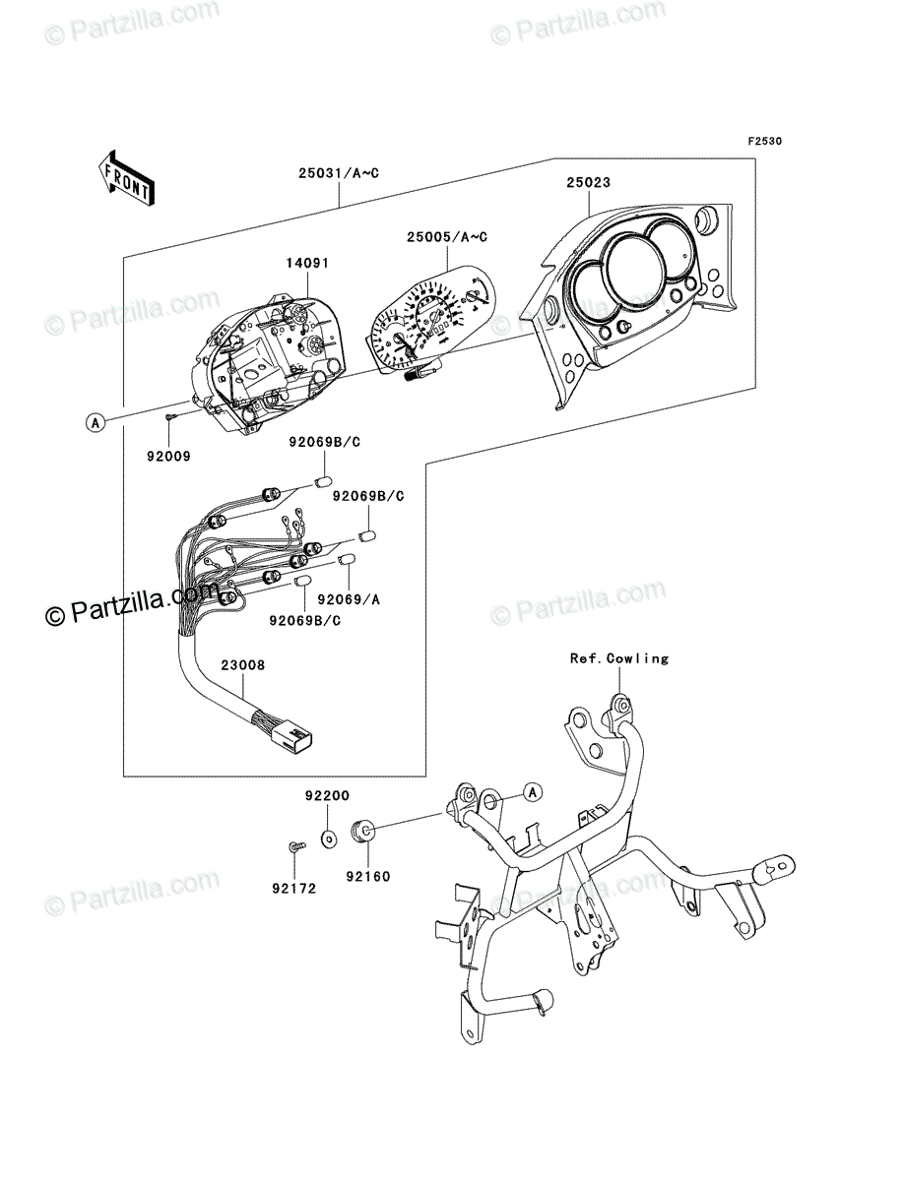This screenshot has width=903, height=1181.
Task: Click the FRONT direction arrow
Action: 124,177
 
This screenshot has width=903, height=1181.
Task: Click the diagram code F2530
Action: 764,142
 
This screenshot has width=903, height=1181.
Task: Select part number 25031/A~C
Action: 339,173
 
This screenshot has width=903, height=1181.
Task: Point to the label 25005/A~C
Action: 447,237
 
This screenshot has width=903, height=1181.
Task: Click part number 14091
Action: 308,264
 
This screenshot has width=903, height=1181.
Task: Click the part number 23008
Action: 241,665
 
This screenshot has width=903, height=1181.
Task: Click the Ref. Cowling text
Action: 618,658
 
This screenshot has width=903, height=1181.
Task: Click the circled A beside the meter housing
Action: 95,423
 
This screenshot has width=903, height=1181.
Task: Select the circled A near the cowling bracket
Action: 532,790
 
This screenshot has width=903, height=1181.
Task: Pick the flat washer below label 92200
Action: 328,839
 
